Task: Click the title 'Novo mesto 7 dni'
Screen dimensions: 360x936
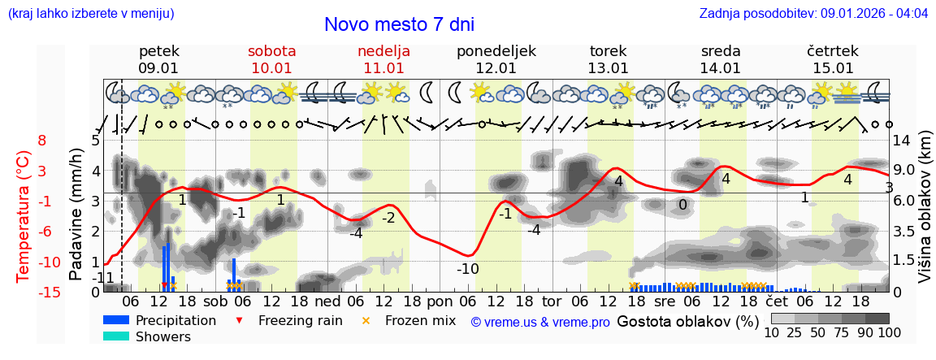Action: [x=399, y=24]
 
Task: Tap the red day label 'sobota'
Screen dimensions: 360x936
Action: [x=271, y=51]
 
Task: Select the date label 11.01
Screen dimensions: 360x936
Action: [x=383, y=68]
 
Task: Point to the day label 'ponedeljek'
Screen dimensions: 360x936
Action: [x=496, y=51]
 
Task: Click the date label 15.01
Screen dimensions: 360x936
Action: [x=833, y=68]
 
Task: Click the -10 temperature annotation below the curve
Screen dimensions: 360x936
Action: [x=467, y=269]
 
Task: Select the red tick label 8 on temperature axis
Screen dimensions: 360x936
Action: [x=42, y=141]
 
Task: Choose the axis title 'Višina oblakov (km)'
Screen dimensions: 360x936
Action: [x=924, y=216]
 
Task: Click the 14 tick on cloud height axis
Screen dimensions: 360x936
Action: [x=903, y=141]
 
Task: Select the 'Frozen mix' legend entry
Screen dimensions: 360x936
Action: [x=411, y=320]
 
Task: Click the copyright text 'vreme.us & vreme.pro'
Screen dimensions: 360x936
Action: [x=540, y=322]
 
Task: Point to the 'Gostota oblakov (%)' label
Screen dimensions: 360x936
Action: [x=687, y=321]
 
